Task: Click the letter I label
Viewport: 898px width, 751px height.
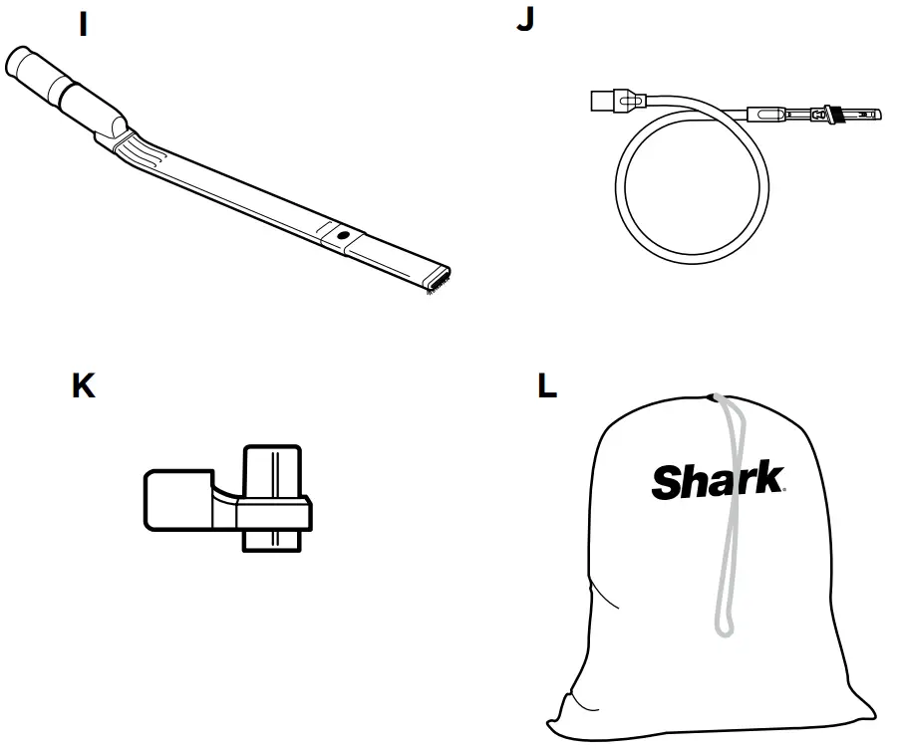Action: [x=84, y=25]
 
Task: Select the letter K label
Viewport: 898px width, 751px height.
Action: [x=84, y=385]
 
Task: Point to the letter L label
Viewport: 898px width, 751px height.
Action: [x=547, y=385]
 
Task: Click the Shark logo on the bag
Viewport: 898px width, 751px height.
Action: [x=717, y=481]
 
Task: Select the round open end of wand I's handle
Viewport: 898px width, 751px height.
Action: [x=20, y=62]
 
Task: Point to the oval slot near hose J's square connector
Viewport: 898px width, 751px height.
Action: [x=627, y=101]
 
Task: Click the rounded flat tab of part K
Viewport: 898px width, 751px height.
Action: [x=173, y=499]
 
